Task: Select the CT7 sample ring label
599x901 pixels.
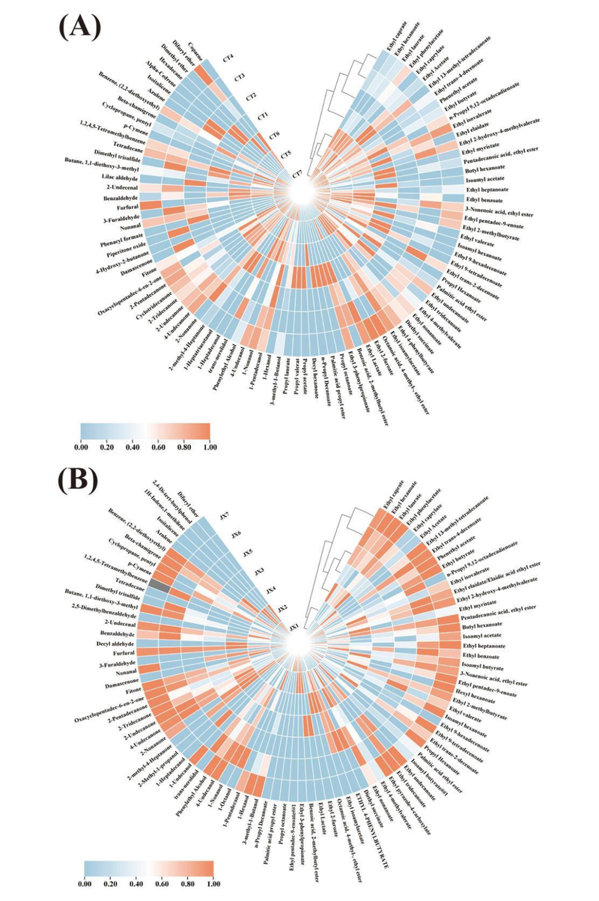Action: [x=297, y=174]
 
